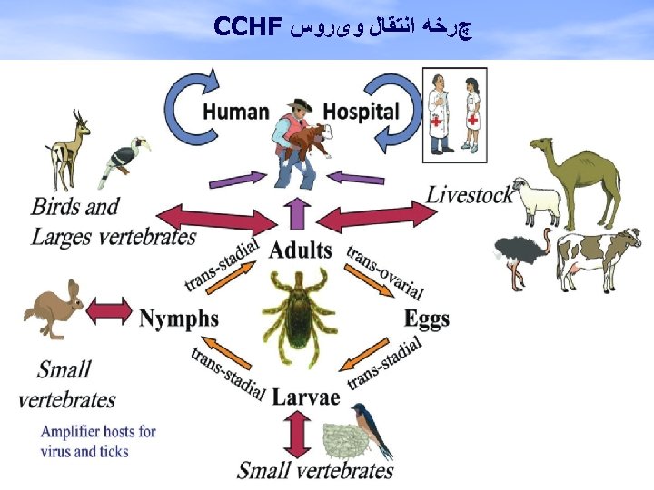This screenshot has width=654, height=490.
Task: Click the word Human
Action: point(235,112)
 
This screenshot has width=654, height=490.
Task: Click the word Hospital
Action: point(361,112)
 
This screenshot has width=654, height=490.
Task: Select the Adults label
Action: point(300,250)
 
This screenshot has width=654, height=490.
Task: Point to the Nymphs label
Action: point(179,318)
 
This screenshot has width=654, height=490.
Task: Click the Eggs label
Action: point(427,318)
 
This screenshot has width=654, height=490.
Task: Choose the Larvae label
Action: point(306,397)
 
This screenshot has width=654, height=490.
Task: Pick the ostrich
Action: point(515,254)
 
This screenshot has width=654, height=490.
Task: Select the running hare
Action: point(52,309)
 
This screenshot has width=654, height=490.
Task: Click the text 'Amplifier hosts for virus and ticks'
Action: point(97,441)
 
